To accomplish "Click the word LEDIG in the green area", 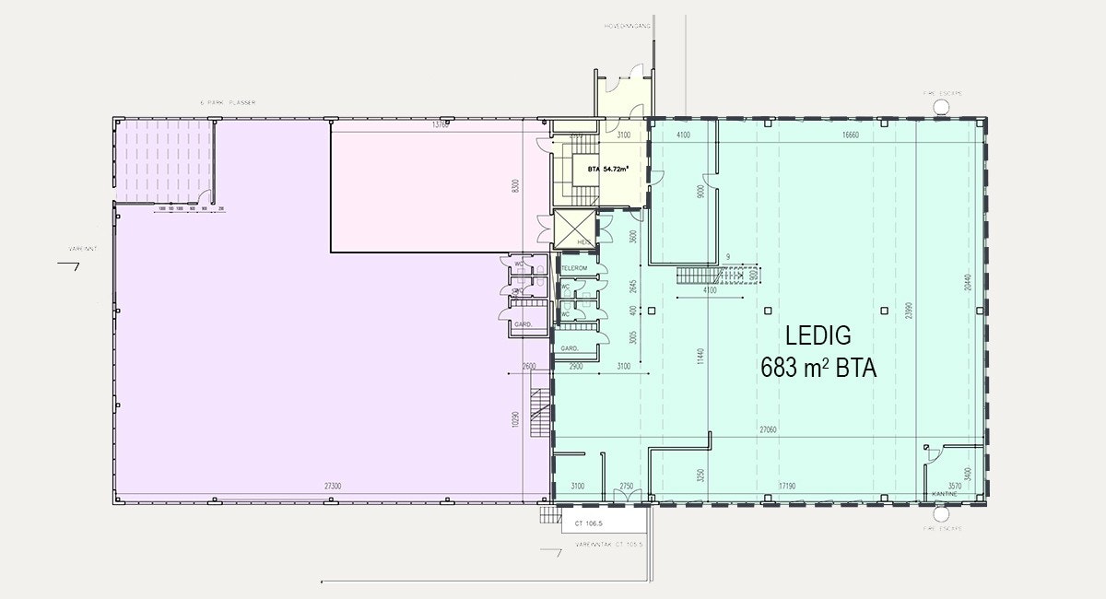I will pyautogui.click(x=818, y=335).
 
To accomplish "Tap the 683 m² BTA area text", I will pyautogui.click(x=818, y=368).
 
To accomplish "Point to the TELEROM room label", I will pyautogui.click(x=574, y=268).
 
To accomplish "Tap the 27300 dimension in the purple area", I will pyautogui.click(x=333, y=486).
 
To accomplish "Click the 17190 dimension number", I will pyautogui.click(x=785, y=486).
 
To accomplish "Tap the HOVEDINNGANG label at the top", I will pyautogui.click(x=628, y=27).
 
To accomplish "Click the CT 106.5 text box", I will pyautogui.click(x=588, y=523).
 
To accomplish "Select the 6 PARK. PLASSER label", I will pyautogui.click(x=221, y=102).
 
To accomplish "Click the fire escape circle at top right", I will pyautogui.click(x=941, y=105).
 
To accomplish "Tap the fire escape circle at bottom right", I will pyautogui.click(x=941, y=516).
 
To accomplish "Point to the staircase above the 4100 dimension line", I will pyautogui.click(x=700, y=276).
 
